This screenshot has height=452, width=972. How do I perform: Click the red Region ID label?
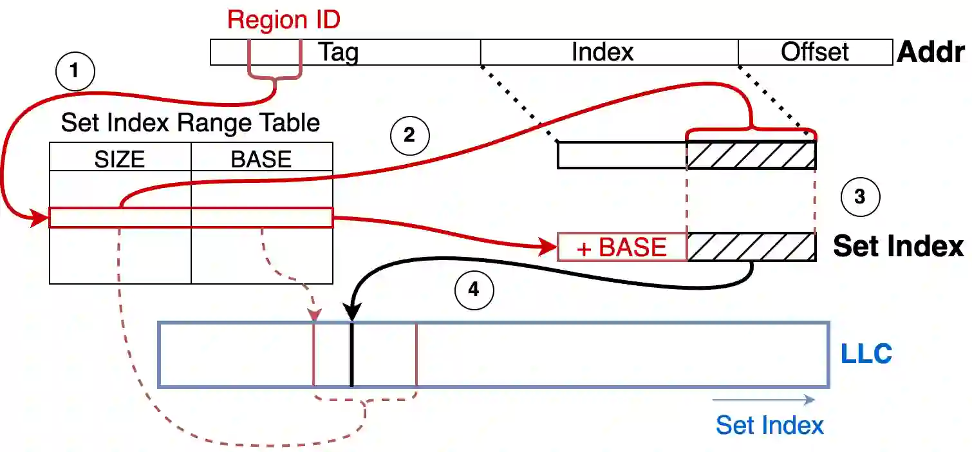pyautogui.click(x=283, y=20)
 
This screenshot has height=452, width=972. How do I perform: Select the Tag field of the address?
pyautogui.click(x=339, y=52)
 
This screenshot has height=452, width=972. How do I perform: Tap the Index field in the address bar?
pyautogui.click(x=603, y=52)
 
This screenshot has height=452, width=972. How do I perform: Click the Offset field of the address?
pyautogui.click(x=815, y=52)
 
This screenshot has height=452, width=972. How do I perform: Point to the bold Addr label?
pyautogui.click(x=930, y=52)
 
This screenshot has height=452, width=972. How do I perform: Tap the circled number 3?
pyautogui.click(x=860, y=197)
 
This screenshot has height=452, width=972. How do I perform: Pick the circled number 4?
pyautogui.click(x=474, y=290)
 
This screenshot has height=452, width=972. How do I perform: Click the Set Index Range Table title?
pyautogui.click(x=191, y=122)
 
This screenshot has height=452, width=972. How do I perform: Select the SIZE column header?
pyautogui.click(x=120, y=158)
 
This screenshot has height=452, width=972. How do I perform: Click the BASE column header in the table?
pyautogui.click(x=261, y=158)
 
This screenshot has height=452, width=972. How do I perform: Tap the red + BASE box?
pyautogui.click(x=622, y=247)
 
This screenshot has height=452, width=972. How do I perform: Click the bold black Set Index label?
pyautogui.click(x=898, y=247)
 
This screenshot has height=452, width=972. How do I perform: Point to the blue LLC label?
pyautogui.click(x=866, y=354)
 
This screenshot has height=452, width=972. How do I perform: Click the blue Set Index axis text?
pyautogui.click(x=770, y=425)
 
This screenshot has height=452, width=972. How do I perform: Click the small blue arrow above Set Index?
pyautogui.click(x=763, y=400)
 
